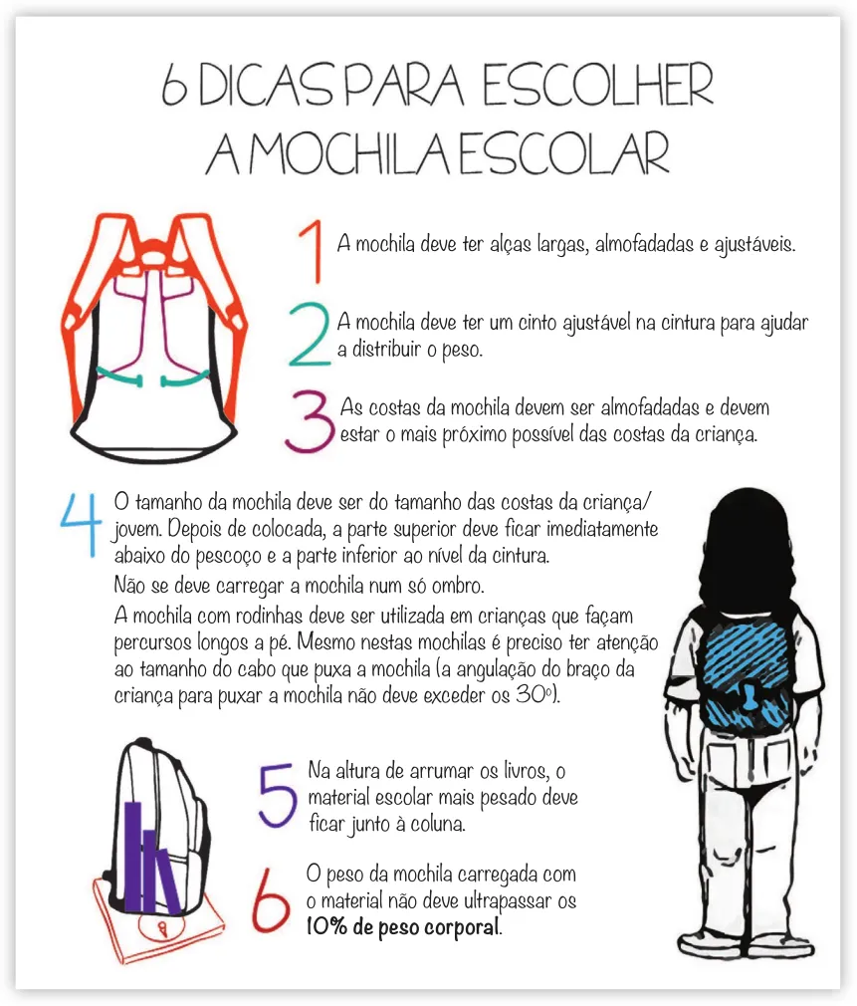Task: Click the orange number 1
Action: click(x=314, y=251)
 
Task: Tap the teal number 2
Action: click(x=309, y=335)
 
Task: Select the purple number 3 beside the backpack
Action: click(x=308, y=421)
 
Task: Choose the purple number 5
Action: click(x=277, y=796)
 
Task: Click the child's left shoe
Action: click(x=708, y=941)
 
